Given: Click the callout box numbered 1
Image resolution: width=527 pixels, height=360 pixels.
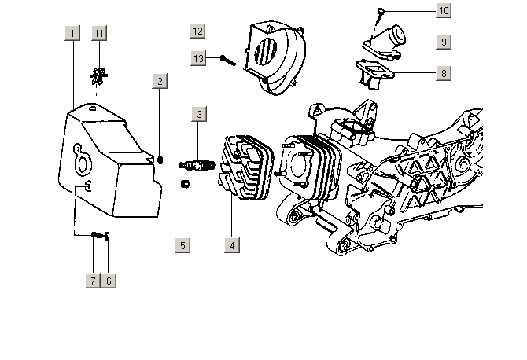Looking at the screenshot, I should [x=72, y=33].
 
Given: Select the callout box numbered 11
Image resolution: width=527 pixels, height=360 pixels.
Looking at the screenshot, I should [x=99, y=33].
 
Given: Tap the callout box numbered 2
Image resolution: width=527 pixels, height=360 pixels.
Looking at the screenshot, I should [x=160, y=81].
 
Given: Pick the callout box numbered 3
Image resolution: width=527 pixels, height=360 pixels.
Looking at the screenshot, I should [x=200, y=115].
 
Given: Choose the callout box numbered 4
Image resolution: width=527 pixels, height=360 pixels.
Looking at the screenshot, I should [x=232, y=245].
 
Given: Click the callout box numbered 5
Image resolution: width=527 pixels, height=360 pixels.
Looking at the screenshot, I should [x=182, y=245].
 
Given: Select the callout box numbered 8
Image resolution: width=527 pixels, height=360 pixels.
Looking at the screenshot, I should [x=444, y=73].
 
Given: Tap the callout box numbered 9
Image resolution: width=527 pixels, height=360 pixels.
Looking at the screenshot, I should [x=444, y=42].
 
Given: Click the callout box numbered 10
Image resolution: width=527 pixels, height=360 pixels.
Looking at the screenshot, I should [x=444, y=11].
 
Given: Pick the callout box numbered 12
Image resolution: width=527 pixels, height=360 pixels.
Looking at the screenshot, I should [x=198, y=30].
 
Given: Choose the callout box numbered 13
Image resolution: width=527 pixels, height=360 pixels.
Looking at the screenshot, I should [x=198, y=58].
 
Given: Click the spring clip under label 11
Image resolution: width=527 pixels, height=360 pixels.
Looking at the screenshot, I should [x=98, y=75].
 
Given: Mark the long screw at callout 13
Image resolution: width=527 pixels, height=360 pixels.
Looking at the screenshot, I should [x=230, y=60].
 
